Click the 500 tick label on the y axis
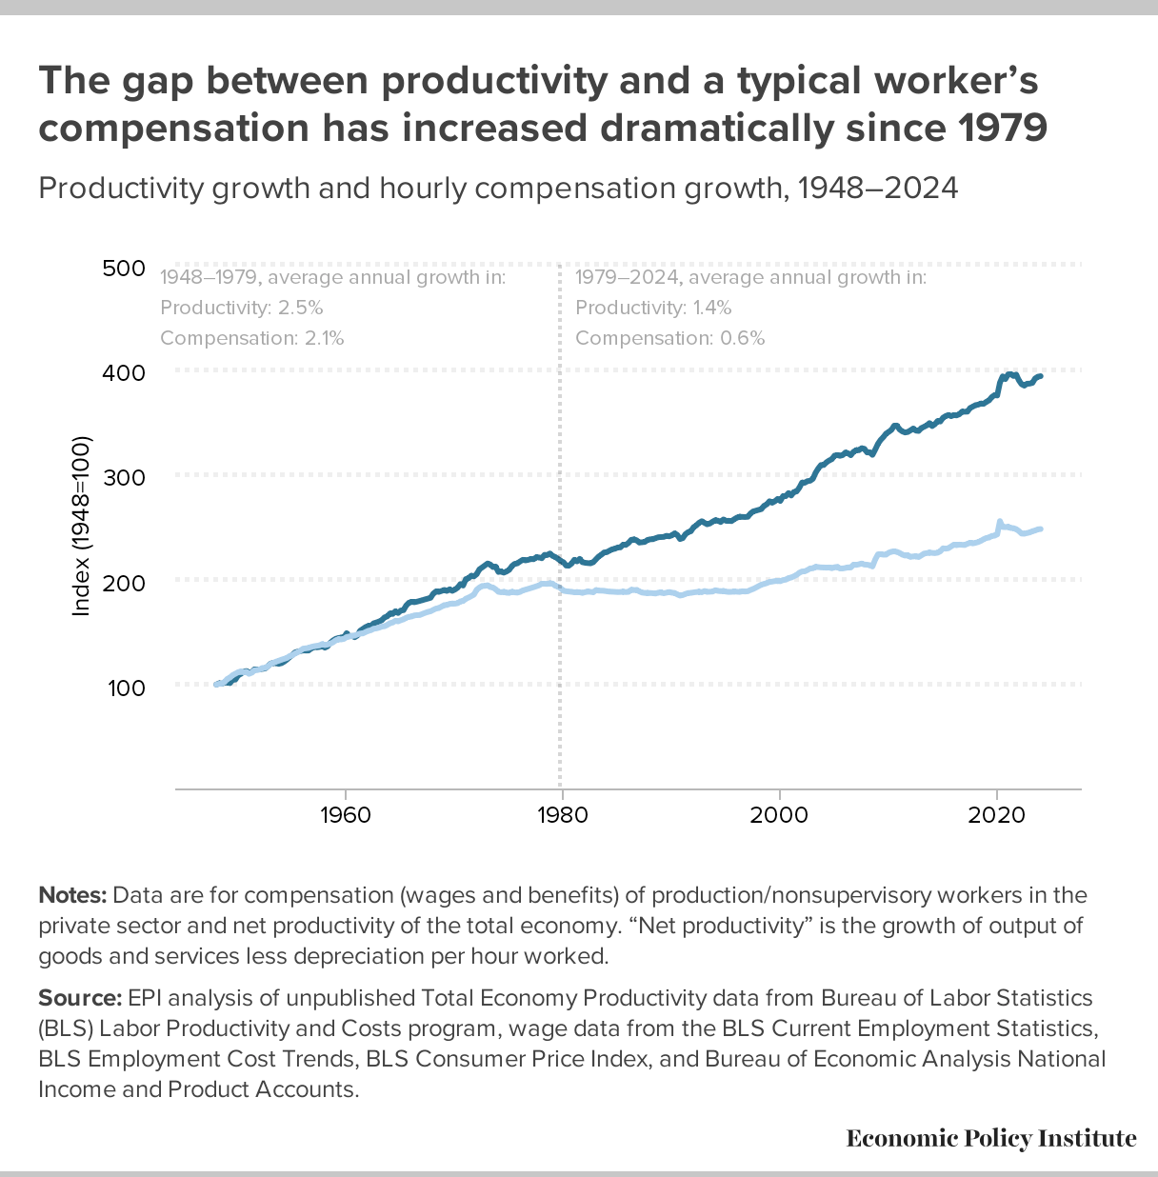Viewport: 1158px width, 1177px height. point(122,269)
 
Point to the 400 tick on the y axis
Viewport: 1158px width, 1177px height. point(122,372)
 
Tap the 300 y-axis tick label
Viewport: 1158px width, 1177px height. point(122,477)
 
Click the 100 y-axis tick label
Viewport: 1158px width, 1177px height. point(122,687)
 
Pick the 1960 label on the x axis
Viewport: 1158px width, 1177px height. point(345,815)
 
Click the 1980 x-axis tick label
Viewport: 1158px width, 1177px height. point(562,815)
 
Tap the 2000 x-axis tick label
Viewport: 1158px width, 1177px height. point(780,815)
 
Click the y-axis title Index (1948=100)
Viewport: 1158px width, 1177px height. point(81,527)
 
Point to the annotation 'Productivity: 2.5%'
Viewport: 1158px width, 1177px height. point(242,308)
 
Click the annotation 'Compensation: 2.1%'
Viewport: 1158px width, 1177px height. point(252,338)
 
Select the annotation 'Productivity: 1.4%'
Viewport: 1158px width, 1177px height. point(653,308)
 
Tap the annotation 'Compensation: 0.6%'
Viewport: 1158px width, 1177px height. point(669,338)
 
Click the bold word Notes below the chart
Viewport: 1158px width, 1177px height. point(72,895)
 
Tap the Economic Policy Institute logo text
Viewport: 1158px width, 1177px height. point(991,1138)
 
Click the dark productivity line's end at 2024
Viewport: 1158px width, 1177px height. point(1041,376)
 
